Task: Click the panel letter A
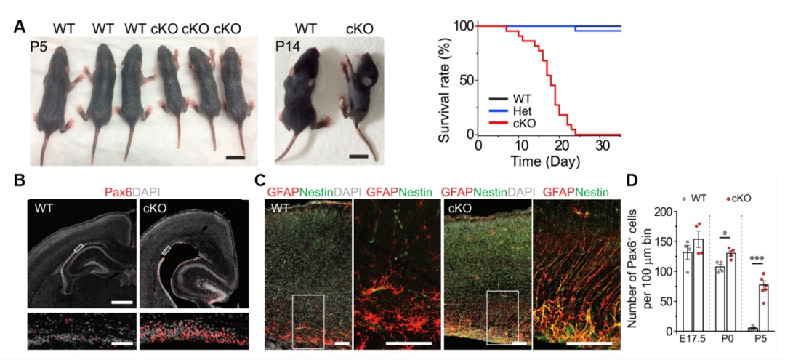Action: pyautogui.click(x=20, y=27)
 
